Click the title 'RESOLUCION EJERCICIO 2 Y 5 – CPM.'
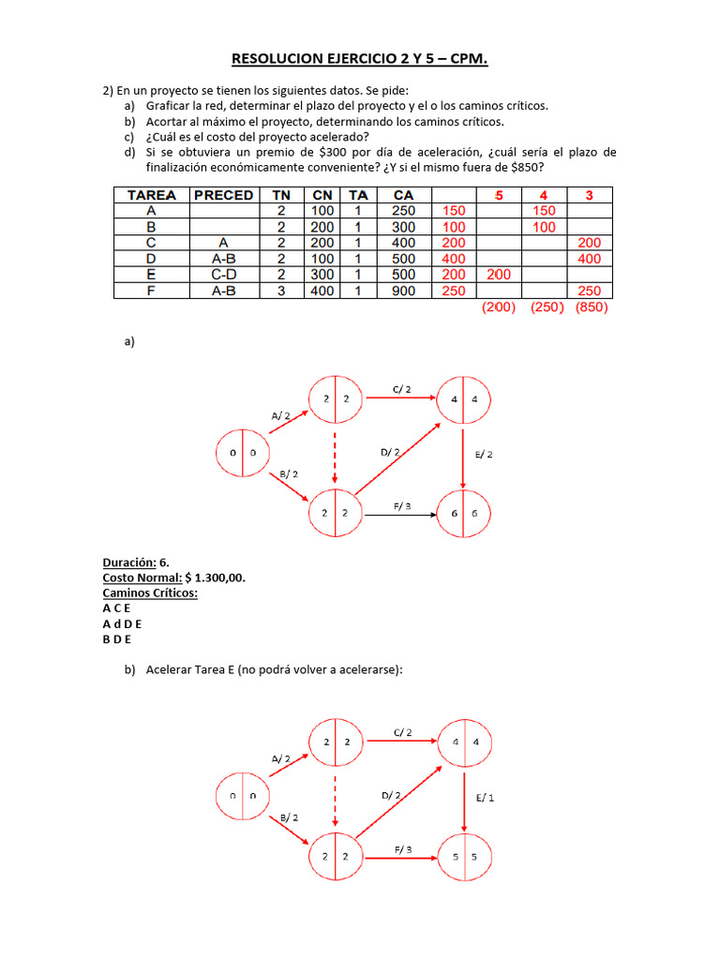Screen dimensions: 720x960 (x=360, y=61)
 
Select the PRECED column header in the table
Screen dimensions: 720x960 (x=223, y=195)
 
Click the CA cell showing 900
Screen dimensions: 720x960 (x=404, y=291)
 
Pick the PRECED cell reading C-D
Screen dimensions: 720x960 (x=223, y=275)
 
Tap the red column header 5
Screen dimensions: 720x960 (x=499, y=195)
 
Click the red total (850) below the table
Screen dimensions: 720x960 (x=591, y=307)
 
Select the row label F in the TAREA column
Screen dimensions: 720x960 (x=152, y=291)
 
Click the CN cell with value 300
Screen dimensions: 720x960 (x=322, y=275)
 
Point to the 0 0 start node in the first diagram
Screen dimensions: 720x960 (x=243, y=455)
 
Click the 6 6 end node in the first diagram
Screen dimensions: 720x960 (x=463, y=514)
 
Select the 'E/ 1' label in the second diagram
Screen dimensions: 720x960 (x=485, y=798)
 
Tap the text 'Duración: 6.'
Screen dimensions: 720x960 (x=136, y=562)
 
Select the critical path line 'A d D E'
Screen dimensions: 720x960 (x=123, y=623)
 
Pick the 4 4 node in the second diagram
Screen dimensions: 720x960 (x=463, y=742)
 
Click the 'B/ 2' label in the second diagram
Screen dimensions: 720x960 (x=289, y=817)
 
